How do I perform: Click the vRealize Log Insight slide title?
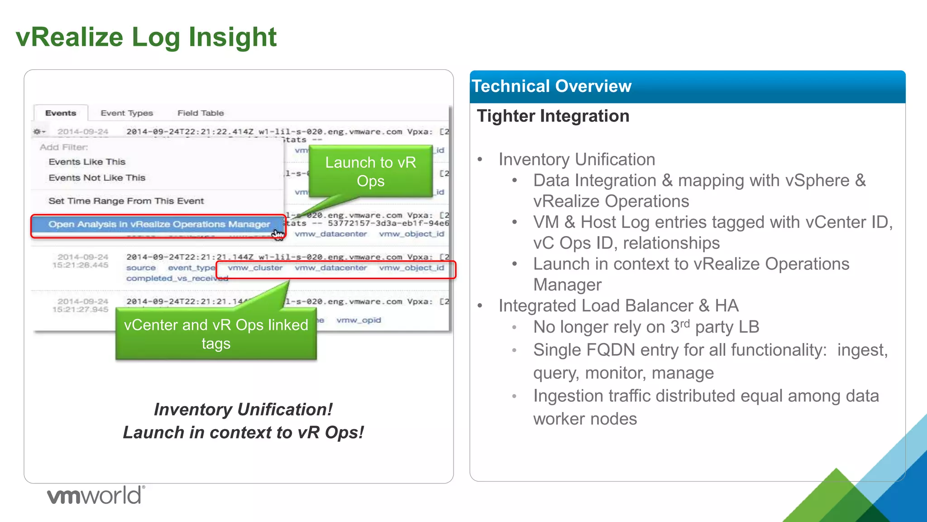click(x=146, y=37)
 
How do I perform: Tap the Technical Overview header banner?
click(x=687, y=86)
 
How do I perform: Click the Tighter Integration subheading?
click(x=553, y=116)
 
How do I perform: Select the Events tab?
click(x=61, y=113)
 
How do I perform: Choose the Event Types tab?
click(x=127, y=113)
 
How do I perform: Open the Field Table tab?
click(x=201, y=113)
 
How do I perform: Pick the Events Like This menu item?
click(x=87, y=162)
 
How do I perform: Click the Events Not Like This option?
click(x=97, y=178)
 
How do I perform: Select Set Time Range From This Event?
click(x=126, y=201)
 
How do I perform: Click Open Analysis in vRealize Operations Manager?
click(x=158, y=224)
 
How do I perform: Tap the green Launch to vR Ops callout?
click(x=370, y=171)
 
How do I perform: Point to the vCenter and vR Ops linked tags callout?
click(x=216, y=334)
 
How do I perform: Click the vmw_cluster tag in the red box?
click(x=255, y=268)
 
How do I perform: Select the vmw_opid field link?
click(x=358, y=320)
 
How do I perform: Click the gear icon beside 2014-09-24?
click(x=38, y=131)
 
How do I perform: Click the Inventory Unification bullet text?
click(x=577, y=159)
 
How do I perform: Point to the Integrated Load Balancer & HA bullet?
click(x=618, y=306)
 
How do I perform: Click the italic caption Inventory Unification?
click(x=243, y=409)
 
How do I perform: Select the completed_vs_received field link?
click(x=177, y=278)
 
